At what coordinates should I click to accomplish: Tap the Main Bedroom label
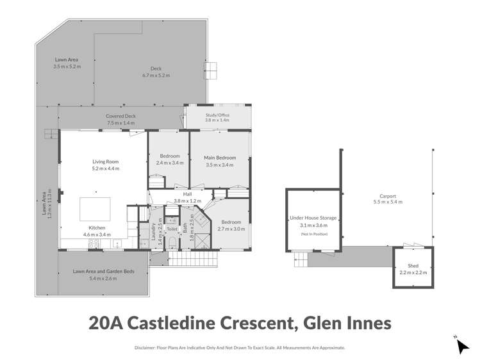click(220, 158)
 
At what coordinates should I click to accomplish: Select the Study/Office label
click(217, 115)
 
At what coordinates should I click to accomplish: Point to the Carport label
click(384, 196)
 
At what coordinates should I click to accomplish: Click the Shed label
click(412, 266)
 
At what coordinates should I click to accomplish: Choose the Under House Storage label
click(313, 218)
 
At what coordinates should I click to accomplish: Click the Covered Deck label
click(121, 116)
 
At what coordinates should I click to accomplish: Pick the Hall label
click(187, 193)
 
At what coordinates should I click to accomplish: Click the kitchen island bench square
click(94, 209)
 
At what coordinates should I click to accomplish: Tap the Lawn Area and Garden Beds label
click(103, 272)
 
